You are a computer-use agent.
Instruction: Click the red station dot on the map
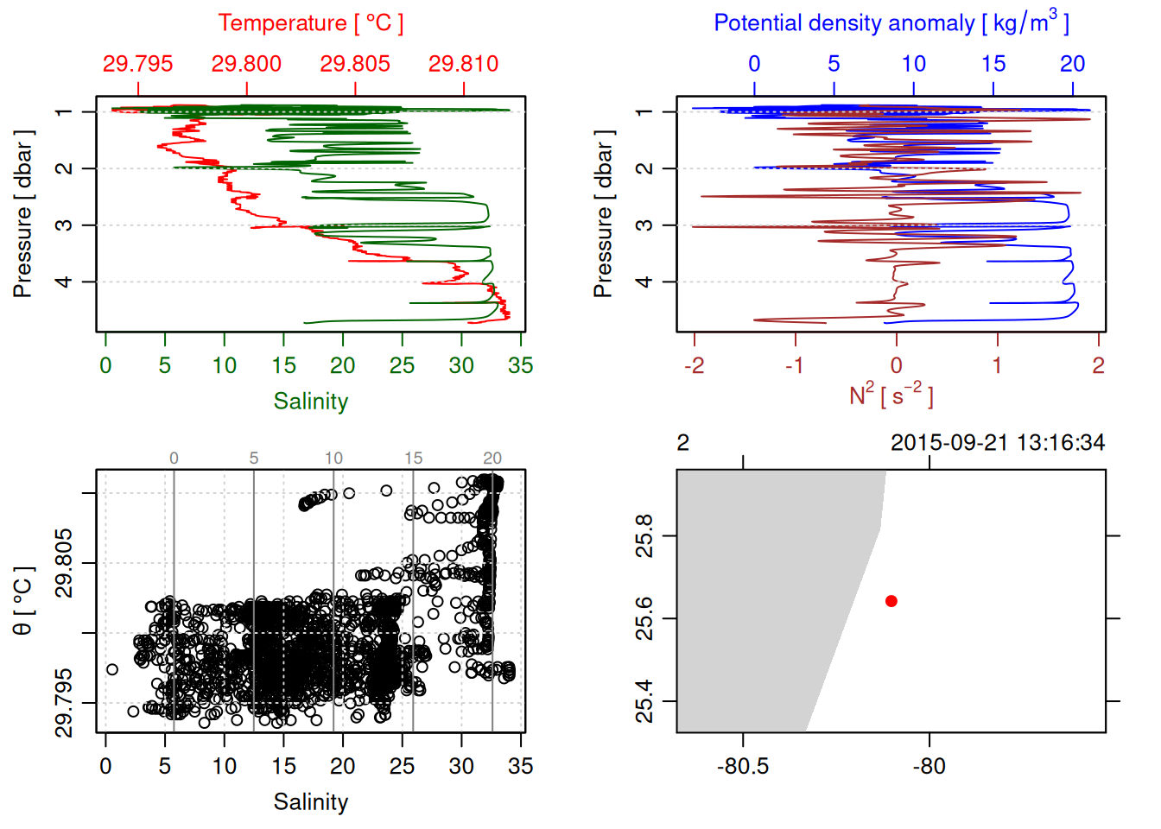[891, 601]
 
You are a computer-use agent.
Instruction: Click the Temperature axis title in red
[310, 23]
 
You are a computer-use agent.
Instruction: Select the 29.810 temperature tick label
[464, 64]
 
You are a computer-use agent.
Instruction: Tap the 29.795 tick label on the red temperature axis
[138, 64]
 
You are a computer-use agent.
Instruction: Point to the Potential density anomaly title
[891, 23]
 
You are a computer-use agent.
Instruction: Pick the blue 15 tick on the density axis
[993, 64]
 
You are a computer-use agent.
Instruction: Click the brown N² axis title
[891, 395]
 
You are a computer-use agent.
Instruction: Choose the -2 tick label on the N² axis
[694, 365]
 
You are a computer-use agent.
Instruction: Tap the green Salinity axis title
[310, 402]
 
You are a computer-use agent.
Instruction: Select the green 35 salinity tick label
[520, 365]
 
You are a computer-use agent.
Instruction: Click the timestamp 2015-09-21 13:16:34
[998, 443]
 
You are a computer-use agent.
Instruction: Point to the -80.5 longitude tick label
[743, 766]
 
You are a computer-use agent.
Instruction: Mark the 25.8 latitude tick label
[644, 535]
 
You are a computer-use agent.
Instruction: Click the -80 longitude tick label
[929, 766]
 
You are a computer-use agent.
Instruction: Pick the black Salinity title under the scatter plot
[310, 802]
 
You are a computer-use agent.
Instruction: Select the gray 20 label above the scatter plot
[492, 459]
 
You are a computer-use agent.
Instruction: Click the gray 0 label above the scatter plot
[174, 459]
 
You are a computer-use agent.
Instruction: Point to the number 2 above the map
[682, 443]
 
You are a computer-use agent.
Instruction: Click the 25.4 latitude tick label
[644, 701]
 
